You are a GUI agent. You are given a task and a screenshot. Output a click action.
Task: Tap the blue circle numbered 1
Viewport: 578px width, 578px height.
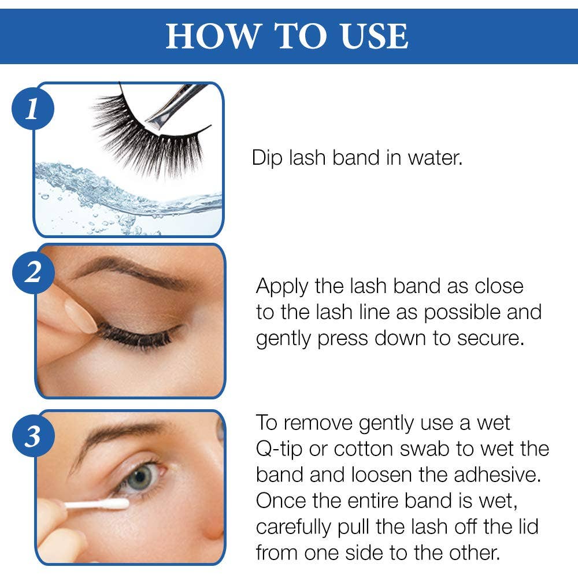tap(32, 108)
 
